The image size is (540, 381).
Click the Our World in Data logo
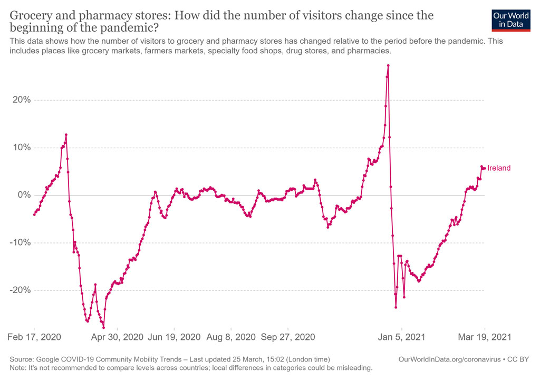tap(510, 19)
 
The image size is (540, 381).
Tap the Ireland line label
tap(499, 168)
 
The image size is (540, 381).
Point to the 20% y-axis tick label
tap(20, 100)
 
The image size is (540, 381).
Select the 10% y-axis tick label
tap(20, 148)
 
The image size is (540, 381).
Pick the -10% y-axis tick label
tap(19, 243)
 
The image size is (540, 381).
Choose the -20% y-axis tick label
tap(19, 290)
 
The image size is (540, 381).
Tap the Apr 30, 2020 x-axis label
tap(117, 336)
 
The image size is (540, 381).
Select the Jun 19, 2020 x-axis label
tap(175, 336)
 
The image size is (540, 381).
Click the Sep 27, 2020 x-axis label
tap(288, 336)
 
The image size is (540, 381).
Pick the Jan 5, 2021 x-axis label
tap(402, 336)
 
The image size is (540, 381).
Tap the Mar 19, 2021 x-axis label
tap(485, 336)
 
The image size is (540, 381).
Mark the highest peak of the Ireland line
tap(388, 65)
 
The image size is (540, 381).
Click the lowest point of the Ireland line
tap(103, 328)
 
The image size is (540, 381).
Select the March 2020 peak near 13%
tap(66, 134)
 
